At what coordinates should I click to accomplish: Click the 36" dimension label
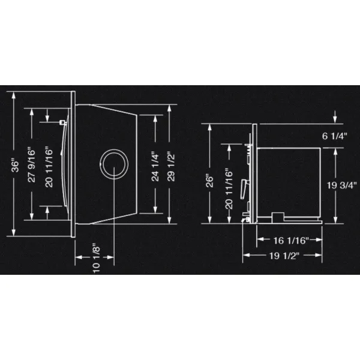15,163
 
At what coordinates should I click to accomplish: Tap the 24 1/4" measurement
155,166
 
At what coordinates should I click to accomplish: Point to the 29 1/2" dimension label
171,166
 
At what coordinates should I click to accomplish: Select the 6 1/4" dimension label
335,136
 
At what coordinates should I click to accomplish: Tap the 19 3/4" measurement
342,185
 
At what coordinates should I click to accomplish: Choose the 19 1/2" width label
284,256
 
